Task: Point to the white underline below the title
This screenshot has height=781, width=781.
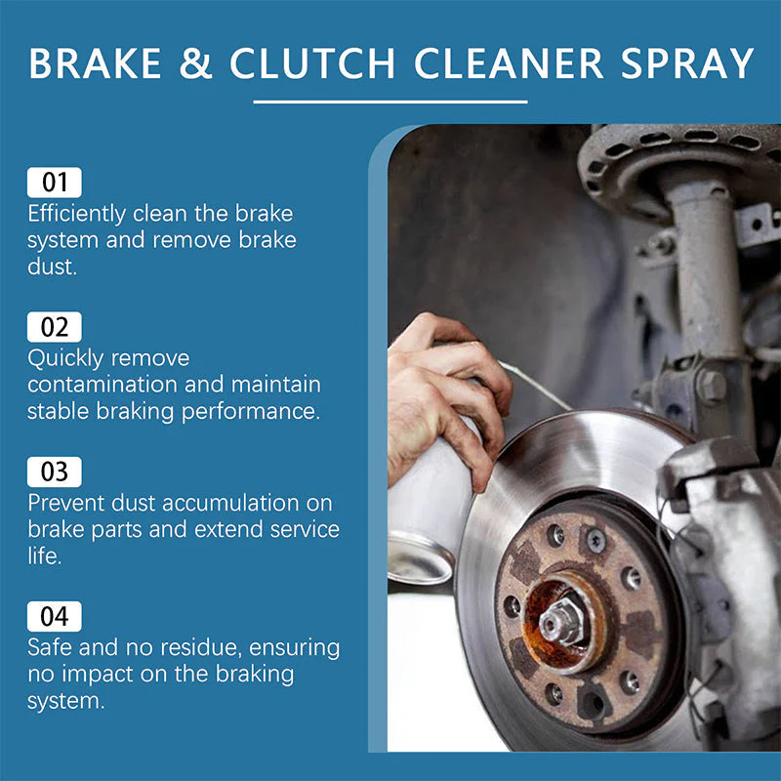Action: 390,101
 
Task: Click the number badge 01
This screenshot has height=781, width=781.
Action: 55,183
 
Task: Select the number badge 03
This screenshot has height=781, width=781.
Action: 55,472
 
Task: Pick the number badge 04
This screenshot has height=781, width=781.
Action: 55,616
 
